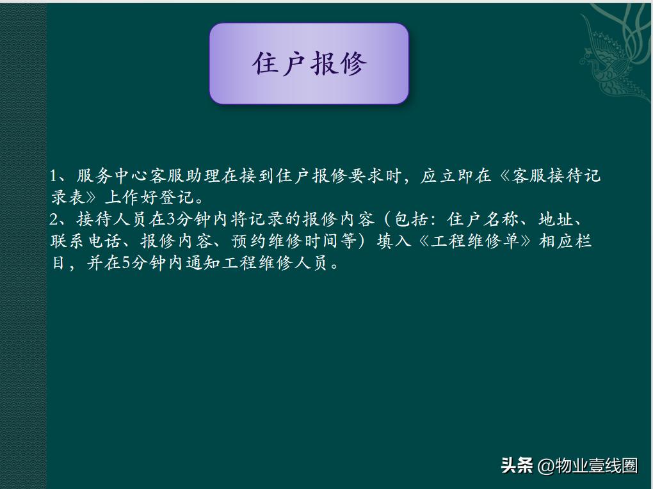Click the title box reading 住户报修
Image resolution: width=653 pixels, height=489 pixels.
pos(309,63)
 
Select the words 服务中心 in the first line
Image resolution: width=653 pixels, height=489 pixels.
pos(112,176)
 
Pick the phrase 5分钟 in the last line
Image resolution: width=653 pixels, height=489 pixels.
pos(141,263)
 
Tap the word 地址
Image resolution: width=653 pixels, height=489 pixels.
pos(555,220)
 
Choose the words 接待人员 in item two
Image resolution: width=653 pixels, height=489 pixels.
pos(112,220)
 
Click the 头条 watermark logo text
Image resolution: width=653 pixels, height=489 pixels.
pos(517,465)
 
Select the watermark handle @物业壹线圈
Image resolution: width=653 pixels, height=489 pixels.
pos(588,465)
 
